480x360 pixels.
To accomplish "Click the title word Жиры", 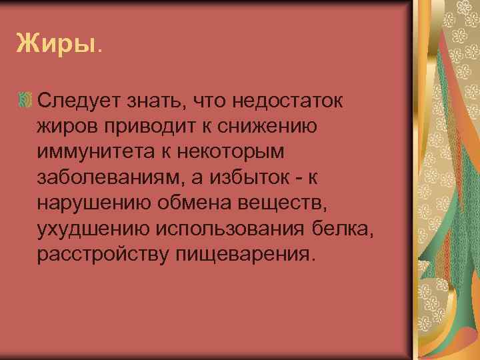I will click(x=57, y=45).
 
